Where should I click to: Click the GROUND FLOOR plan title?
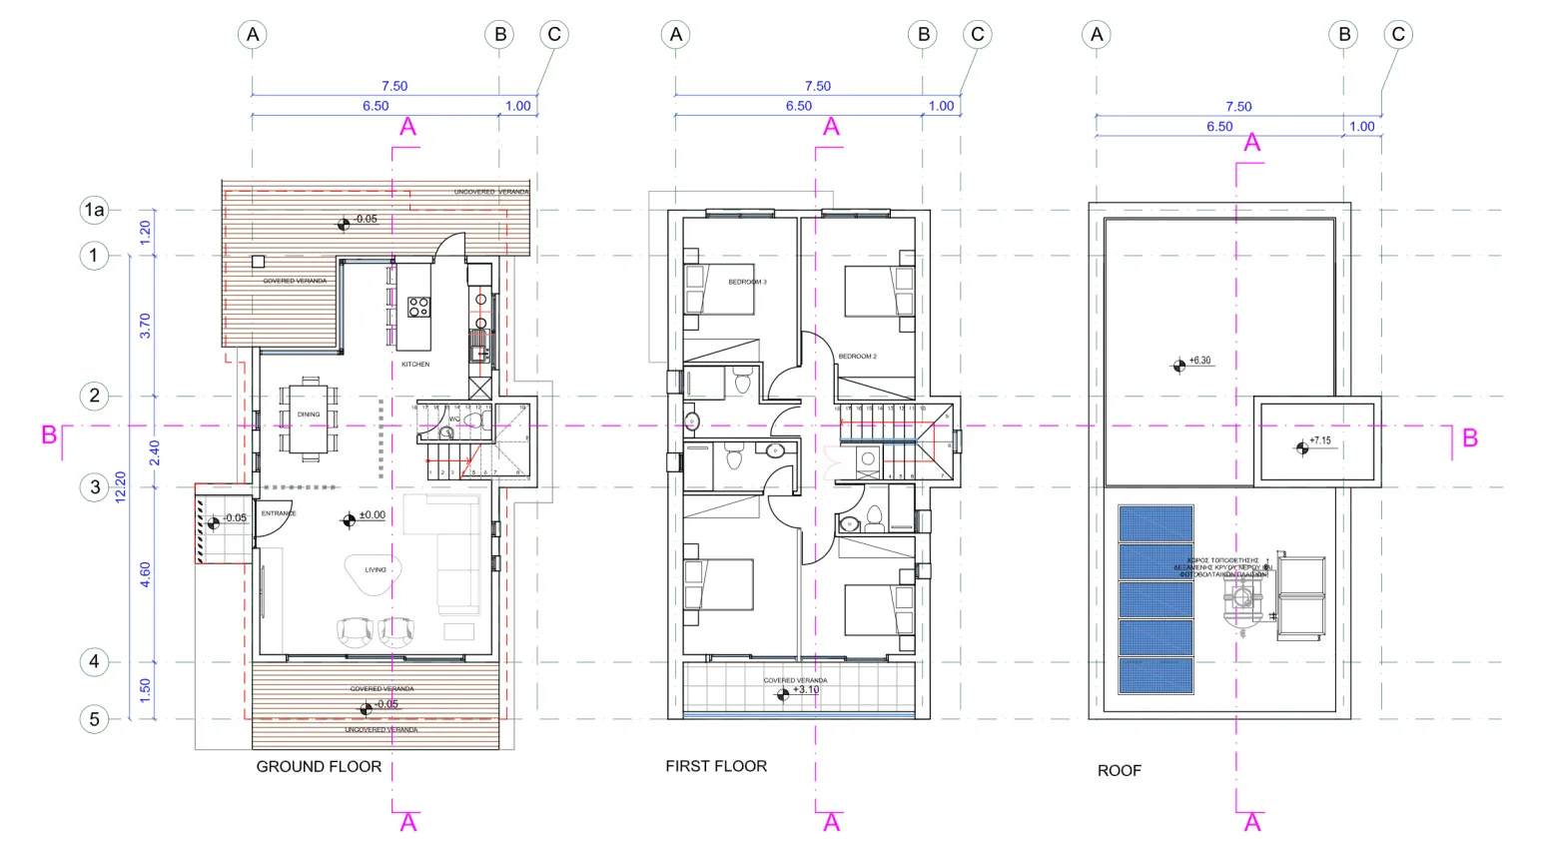pyautogui.click(x=319, y=767)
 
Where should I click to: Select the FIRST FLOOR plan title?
pyautogui.click(x=716, y=766)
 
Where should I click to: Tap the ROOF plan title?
pyautogui.click(x=1119, y=770)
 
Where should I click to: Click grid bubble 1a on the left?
pyautogui.click(x=94, y=210)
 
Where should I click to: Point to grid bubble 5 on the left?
pyautogui.click(x=94, y=719)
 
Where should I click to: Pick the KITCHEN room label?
pyautogui.click(x=415, y=365)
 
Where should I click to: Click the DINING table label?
pyautogui.click(x=309, y=415)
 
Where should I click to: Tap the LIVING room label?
pyautogui.click(x=375, y=570)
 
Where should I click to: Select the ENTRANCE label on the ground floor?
pyautogui.click(x=279, y=513)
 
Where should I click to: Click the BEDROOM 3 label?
pyautogui.click(x=747, y=283)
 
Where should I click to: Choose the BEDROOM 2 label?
pyautogui.click(x=857, y=357)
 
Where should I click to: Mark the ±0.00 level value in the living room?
pyautogui.click(x=373, y=515)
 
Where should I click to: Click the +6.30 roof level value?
pyautogui.click(x=1199, y=361)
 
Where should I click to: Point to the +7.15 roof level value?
pyautogui.click(x=1319, y=440)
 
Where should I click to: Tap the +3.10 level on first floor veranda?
pyautogui.click(x=806, y=690)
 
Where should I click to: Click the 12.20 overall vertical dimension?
pyautogui.click(x=121, y=487)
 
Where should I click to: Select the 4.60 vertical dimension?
pyautogui.click(x=145, y=574)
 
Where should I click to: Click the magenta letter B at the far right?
pyautogui.click(x=1469, y=438)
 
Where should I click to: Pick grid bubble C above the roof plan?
pyautogui.click(x=1398, y=35)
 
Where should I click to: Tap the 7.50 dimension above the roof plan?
pyautogui.click(x=1238, y=107)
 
